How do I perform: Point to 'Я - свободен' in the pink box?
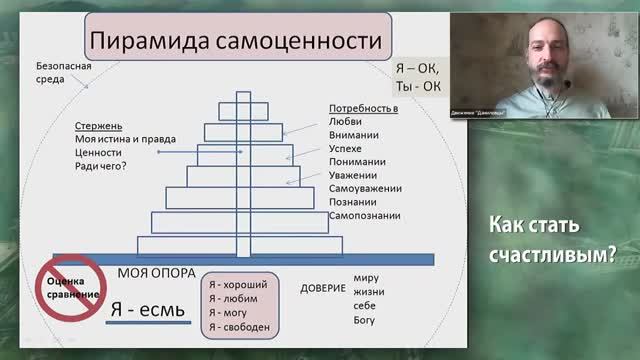(239, 326)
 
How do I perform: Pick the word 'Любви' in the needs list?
(345, 120)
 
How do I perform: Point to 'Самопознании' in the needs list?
(365, 215)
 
